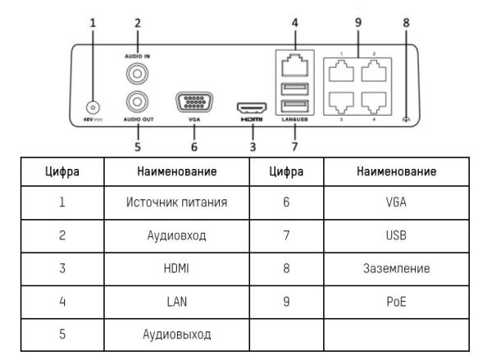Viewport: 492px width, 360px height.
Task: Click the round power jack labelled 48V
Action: [93, 107]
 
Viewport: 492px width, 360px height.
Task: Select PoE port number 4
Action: [373, 103]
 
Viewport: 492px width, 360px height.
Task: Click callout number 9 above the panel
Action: [358, 21]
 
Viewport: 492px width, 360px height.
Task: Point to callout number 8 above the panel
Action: [406, 21]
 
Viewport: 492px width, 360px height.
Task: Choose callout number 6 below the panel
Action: [194, 147]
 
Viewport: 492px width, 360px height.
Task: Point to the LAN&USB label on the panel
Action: [294, 120]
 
